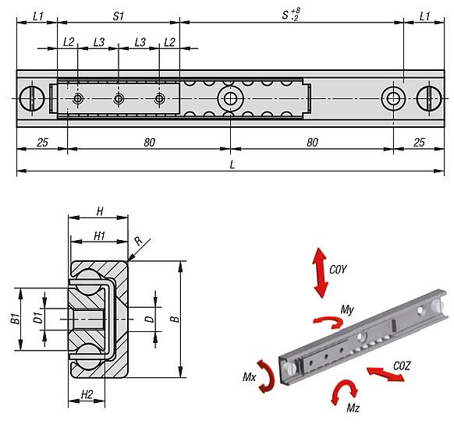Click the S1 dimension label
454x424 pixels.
(x=118, y=16)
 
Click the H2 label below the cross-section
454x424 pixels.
(x=87, y=395)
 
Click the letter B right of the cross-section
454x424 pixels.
(x=177, y=318)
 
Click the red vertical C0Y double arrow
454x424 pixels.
(x=320, y=272)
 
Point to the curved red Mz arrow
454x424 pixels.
(x=343, y=390)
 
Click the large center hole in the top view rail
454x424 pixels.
(x=229, y=98)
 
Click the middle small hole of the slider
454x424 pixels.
(x=119, y=98)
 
